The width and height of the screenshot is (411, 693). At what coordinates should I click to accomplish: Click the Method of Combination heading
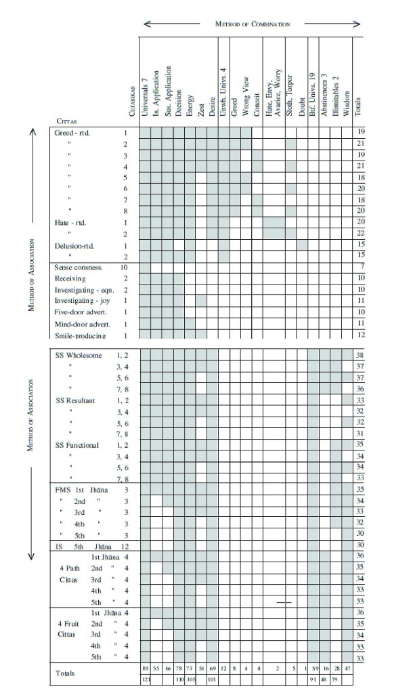point(252,24)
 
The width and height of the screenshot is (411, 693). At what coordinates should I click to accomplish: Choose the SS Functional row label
point(77,445)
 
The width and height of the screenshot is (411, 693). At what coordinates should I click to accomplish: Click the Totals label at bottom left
point(66,674)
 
